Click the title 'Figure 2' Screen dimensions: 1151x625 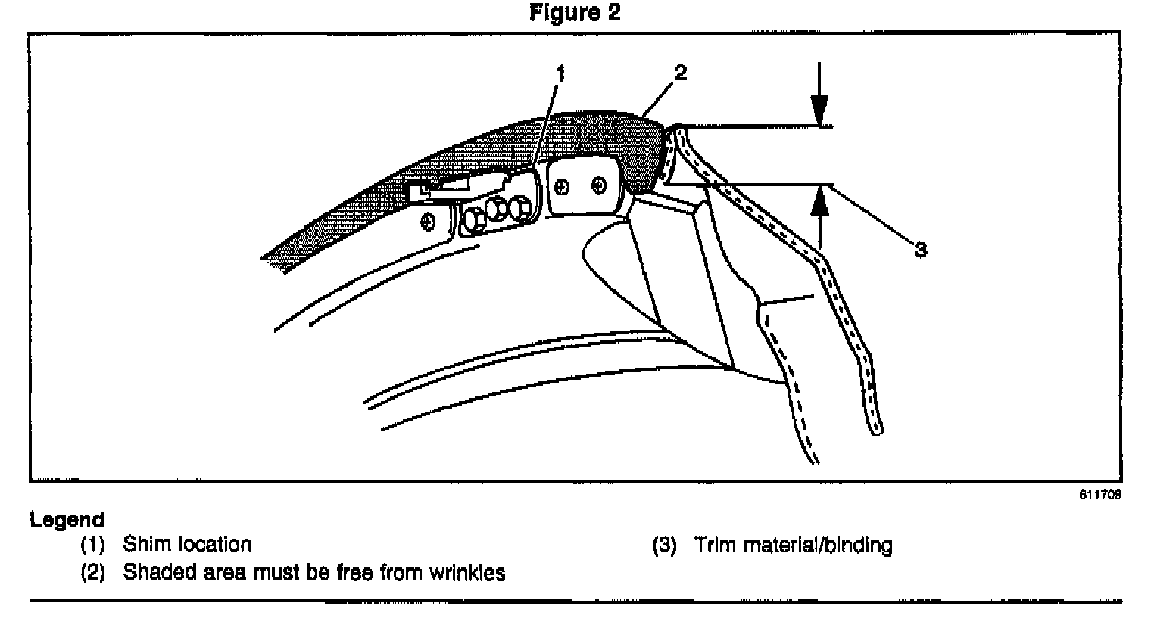[575, 13]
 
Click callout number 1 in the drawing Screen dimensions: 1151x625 [561, 73]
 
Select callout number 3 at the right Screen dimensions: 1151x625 [921, 250]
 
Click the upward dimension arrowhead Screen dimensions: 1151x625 [819, 195]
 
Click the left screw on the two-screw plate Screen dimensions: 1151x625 [563, 185]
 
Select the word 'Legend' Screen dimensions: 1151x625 [67, 520]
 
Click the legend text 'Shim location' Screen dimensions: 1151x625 [186, 545]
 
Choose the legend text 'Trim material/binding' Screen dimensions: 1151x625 [793, 546]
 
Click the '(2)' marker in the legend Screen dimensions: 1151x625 [93, 573]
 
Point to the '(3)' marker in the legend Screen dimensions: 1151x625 [664, 546]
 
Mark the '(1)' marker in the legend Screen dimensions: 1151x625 [93, 545]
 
